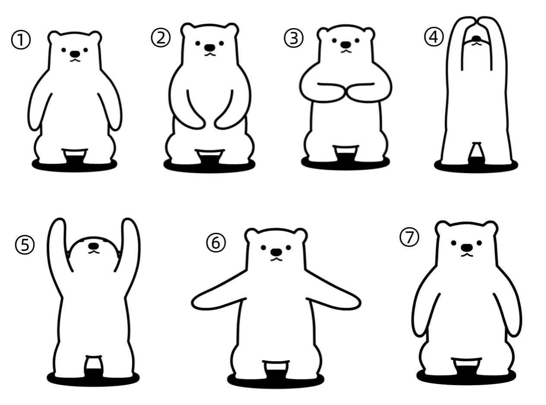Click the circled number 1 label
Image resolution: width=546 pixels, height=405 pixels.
tap(21, 40)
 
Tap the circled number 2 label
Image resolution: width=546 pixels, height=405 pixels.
tap(161, 38)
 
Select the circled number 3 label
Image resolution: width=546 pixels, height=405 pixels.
tap(293, 38)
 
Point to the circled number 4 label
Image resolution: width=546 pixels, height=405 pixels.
tap(434, 37)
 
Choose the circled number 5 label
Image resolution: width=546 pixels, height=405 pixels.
tap(25, 245)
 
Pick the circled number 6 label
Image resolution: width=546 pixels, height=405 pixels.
tap(216, 243)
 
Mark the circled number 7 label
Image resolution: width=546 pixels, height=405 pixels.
tap(409, 237)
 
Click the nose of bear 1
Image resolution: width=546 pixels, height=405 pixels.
tap(75, 54)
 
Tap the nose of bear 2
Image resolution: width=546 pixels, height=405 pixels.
tap(210, 47)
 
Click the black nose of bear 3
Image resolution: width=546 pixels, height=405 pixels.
tap(346, 45)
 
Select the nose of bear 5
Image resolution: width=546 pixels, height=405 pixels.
tap(94, 246)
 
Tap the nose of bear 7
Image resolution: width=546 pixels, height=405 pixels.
tap(467, 247)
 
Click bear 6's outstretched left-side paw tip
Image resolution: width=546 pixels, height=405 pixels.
tap(197, 303)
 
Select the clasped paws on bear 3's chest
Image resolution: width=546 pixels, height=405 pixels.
tap(346, 93)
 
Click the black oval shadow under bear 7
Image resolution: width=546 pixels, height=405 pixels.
tap(466, 376)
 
